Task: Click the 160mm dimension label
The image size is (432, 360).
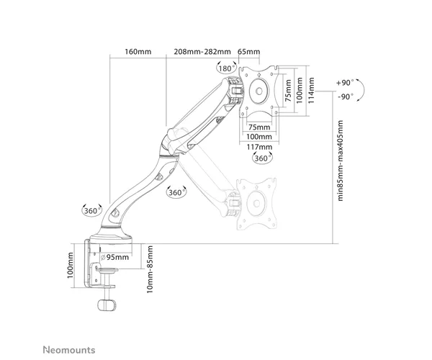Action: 138,52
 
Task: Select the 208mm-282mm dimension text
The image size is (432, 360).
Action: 202,52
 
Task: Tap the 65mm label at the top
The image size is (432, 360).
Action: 249,52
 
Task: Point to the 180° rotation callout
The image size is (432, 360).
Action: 227,68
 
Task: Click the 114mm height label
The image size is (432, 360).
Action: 311,90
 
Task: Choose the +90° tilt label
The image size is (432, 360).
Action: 345,83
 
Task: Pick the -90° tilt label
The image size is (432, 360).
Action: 346,96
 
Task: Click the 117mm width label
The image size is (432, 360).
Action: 259,147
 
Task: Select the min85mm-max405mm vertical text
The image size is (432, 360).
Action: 341,161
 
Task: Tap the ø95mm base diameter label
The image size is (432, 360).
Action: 114,257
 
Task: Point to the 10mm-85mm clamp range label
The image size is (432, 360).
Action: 150,269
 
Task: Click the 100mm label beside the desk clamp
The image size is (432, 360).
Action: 71,265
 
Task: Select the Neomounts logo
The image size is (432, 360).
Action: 69,350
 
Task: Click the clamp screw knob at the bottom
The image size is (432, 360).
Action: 107,305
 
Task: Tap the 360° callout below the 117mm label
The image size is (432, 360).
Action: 262,158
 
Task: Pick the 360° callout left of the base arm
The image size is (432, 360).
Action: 92,210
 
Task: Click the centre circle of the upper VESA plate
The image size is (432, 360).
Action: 259,91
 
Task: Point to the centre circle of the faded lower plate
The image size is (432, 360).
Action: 256,204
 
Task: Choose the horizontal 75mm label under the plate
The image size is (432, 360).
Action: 259,127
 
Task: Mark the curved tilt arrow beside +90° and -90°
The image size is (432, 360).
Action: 364,90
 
